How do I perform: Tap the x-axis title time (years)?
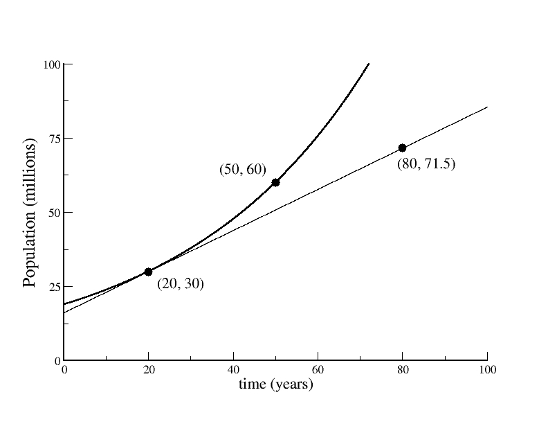276,384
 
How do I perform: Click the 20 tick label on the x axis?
149,370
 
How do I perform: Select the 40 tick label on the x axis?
234,370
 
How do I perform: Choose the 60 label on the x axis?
318,370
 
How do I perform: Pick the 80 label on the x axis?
403,370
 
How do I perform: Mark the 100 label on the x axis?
487,370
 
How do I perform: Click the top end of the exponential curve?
368,64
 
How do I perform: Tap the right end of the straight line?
487,107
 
